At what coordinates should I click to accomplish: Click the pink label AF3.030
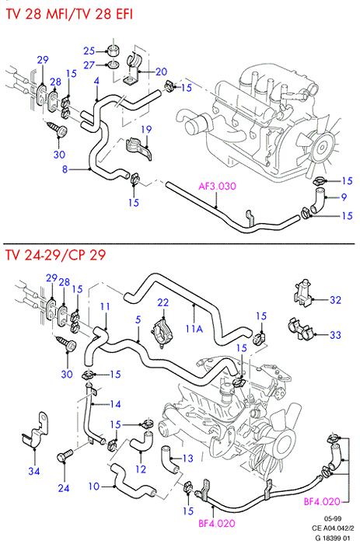coord(217,187)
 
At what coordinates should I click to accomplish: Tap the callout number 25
coord(89,51)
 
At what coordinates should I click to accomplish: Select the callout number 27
coord(89,65)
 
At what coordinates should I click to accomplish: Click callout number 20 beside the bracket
coord(162,71)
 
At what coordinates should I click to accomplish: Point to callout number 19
coord(146,130)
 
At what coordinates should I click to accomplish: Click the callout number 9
coord(344,197)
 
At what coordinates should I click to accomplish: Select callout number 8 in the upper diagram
coord(65,169)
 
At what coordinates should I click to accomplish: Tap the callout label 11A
coord(194,328)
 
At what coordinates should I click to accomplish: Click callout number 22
coord(163,302)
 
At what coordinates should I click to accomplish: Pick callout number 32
coord(335,300)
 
